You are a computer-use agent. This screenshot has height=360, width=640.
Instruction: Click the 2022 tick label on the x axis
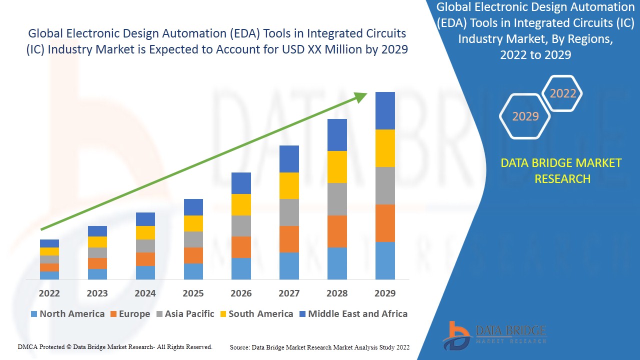pyautogui.click(x=49, y=293)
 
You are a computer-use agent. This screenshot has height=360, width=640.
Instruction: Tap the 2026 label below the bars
pyautogui.click(x=241, y=293)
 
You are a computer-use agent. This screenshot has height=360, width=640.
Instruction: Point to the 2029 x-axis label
pyautogui.click(x=385, y=293)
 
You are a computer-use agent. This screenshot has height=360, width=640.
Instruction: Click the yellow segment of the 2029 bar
pyautogui.click(x=385, y=148)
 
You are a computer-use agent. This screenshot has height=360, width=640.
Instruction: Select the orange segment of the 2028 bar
pyautogui.click(x=337, y=231)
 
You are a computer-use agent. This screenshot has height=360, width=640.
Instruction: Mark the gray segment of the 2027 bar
pyautogui.click(x=289, y=212)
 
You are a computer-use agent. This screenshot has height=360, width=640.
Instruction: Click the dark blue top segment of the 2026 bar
pyautogui.click(x=241, y=183)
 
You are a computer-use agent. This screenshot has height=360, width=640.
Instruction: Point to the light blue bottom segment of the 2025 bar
pyautogui.click(x=193, y=271)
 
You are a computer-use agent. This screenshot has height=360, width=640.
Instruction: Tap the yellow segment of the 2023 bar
pyautogui.click(x=97, y=242)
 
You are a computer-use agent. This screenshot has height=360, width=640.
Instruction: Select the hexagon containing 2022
pyautogui.click(x=563, y=93)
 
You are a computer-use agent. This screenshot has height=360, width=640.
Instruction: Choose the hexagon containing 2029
pyautogui.click(x=525, y=116)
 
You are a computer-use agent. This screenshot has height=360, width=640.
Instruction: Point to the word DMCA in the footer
pyautogui.click(x=27, y=346)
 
